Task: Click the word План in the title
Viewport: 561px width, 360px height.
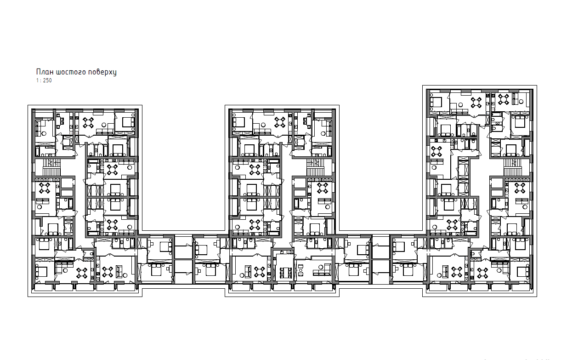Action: [45, 72]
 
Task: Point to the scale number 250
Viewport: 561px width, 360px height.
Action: [47, 80]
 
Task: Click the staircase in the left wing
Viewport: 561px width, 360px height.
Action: [51, 167]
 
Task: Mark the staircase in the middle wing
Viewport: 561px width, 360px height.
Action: [316, 167]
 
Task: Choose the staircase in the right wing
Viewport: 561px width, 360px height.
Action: [513, 167]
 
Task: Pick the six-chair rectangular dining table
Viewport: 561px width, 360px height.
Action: [283, 273]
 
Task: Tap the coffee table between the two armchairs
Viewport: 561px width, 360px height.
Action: [301, 270]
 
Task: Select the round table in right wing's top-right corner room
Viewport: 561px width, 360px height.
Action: [504, 99]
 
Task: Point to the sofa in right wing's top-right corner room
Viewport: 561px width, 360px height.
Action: [515, 99]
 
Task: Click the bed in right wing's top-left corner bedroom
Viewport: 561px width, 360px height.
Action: [436, 103]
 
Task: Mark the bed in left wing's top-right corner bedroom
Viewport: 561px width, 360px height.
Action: [129, 122]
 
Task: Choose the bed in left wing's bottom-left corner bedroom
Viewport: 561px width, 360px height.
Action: [41, 272]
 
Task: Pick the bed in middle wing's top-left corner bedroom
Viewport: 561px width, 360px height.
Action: [238, 122]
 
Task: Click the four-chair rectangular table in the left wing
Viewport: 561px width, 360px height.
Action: [60, 121]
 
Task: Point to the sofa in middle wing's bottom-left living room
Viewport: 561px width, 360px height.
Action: [248, 272]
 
